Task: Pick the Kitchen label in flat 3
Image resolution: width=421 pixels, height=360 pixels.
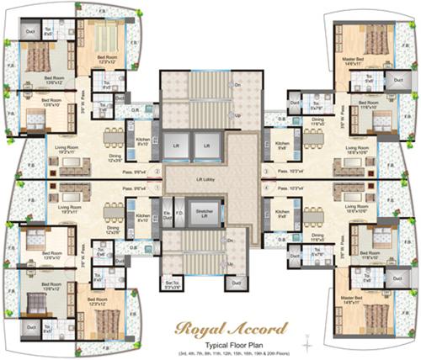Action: coord(282,145)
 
